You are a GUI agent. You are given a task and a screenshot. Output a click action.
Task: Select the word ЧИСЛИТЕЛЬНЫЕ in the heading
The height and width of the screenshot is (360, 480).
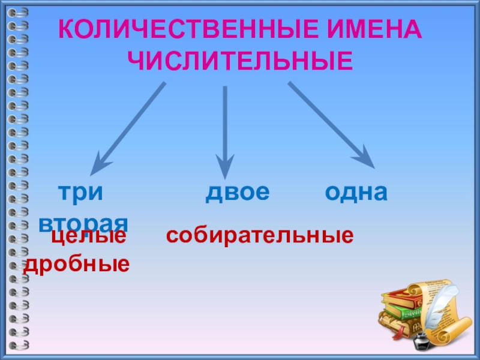[x=241, y=61]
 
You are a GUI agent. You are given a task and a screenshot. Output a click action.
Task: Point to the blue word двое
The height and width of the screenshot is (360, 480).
[x=238, y=193]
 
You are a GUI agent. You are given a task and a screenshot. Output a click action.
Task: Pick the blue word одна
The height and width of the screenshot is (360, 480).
[x=356, y=193]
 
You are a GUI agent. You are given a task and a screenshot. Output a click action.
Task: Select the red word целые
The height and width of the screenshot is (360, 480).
[x=89, y=236]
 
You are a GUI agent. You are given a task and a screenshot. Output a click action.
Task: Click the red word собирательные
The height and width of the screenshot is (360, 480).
[x=259, y=236]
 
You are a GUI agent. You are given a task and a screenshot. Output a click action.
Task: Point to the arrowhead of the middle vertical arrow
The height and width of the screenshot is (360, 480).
[x=225, y=169]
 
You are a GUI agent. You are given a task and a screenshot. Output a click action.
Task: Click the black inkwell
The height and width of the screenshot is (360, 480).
[x=422, y=342]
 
